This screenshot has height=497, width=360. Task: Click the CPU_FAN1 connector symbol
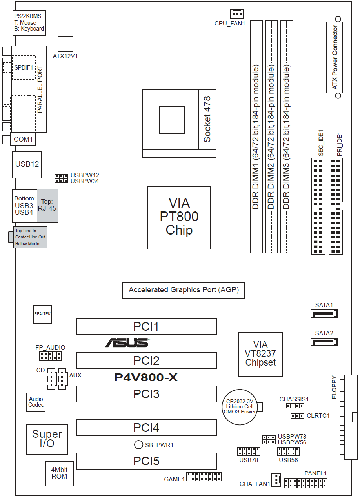(237, 14)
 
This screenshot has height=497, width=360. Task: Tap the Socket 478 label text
(207, 119)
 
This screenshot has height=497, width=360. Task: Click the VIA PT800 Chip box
(179, 217)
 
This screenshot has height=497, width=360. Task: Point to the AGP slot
(183, 290)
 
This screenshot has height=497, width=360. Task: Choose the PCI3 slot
(146, 394)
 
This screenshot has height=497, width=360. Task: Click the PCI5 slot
(146, 461)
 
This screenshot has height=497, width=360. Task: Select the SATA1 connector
(324, 313)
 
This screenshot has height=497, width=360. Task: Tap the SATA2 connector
(324, 342)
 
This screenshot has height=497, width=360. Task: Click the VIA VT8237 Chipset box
(260, 354)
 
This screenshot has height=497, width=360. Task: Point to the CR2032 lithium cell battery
(240, 407)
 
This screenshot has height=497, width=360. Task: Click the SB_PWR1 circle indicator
(138, 444)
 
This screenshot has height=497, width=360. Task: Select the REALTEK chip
(42, 314)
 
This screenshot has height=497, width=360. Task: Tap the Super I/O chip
(47, 439)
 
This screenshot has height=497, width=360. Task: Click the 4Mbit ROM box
(59, 473)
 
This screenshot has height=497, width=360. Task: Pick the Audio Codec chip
(36, 402)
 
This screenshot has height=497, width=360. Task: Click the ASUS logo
(127, 343)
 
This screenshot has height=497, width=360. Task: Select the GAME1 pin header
(204, 477)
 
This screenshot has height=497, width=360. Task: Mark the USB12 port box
(27, 164)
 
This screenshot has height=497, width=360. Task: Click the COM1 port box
(23, 139)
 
